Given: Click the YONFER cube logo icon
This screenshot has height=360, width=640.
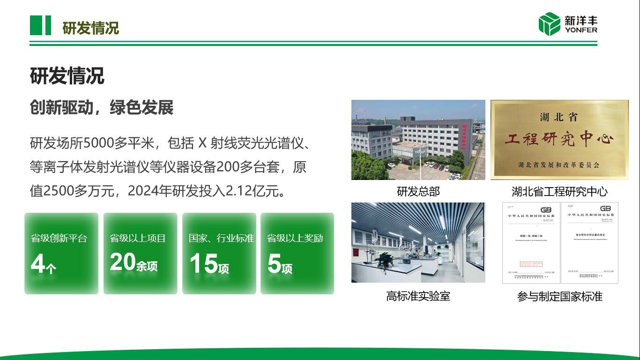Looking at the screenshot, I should [x=549, y=24].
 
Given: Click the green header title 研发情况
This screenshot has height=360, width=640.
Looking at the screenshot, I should [x=90, y=28].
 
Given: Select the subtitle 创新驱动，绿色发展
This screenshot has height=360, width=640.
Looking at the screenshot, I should [x=102, y=108].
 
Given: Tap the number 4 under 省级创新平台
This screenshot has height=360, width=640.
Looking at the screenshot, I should [x=37, y=264].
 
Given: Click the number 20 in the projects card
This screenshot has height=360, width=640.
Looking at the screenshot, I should [x=122, y=262].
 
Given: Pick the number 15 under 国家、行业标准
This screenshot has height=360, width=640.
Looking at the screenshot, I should [x=203, y=263].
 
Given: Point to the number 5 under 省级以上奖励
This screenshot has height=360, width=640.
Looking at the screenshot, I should [x=274, y=264].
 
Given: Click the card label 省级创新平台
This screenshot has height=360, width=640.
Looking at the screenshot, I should [x=59, y=238].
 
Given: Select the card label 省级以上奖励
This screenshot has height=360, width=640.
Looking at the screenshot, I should [x=295, y=238].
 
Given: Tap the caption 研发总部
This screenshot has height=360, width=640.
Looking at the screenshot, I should [x=418, y=192].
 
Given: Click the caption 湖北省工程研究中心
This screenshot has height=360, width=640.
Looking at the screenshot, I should [x=559, y=192].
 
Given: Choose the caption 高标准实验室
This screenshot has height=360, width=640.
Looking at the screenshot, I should [x=418, y=296].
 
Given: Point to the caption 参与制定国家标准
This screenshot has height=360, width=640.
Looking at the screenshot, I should [x=559, y=296].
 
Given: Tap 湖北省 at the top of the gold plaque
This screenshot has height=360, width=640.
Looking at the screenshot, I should [x=559, y=117].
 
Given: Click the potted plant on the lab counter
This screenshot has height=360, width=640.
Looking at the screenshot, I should [x=385, y=259].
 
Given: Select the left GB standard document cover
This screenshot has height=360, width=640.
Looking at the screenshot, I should [x=531, y=243].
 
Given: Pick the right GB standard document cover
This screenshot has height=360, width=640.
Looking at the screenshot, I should [x=589, y=243].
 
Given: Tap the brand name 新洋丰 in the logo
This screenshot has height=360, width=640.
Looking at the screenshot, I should [x=580, y=21].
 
